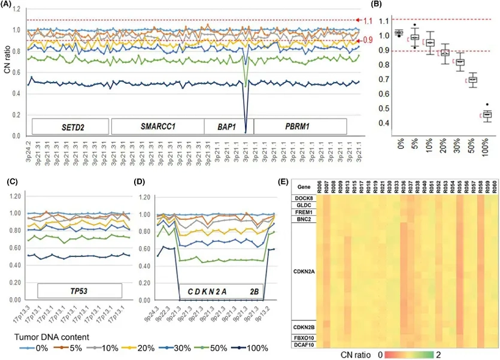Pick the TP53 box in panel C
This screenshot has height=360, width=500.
(x=80, y=291)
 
